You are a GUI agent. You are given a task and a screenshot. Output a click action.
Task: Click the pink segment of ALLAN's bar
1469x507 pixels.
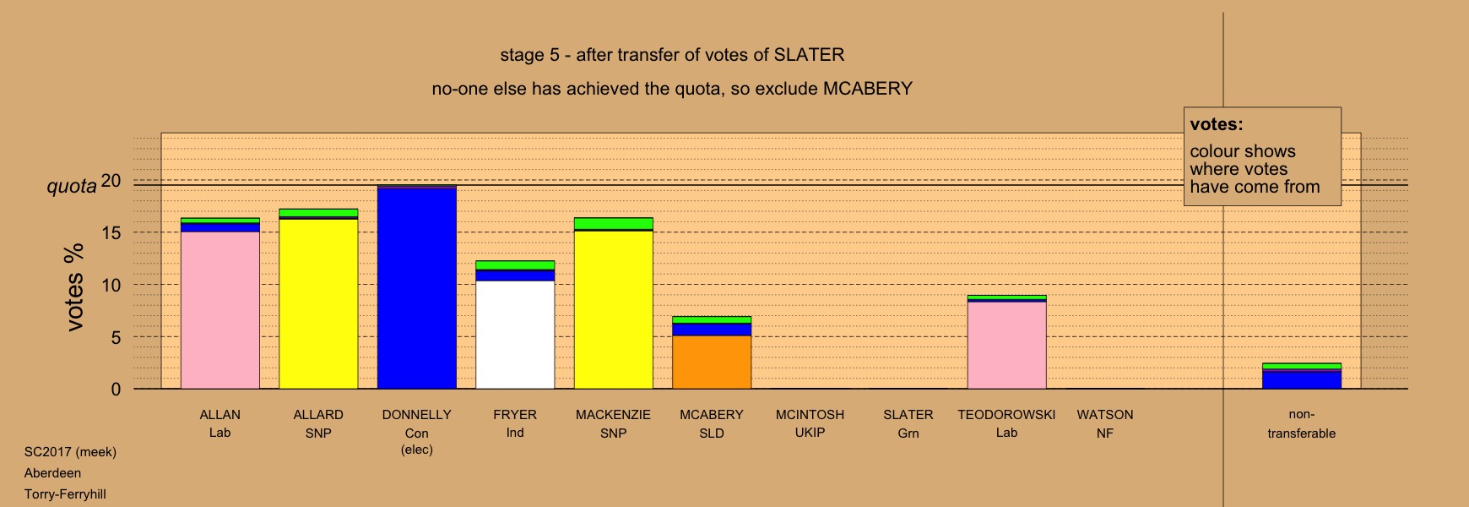[x=220, y=310]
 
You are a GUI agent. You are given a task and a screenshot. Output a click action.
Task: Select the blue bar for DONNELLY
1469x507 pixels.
[x=417, y=287]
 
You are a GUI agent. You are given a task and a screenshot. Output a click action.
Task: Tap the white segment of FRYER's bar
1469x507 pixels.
[x=515, y=335]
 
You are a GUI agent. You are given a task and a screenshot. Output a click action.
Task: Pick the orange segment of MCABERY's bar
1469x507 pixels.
[x=712, y=362]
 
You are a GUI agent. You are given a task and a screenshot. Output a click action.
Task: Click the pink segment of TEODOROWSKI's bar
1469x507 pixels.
[x=1007, y=345]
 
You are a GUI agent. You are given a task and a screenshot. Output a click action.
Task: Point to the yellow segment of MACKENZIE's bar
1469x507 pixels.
[x=614, y=309]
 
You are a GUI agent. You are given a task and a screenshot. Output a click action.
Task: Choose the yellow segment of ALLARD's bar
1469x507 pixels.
[x=318, y=304]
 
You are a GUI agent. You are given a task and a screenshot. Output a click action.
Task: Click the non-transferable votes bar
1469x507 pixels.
[x=1302, y=376]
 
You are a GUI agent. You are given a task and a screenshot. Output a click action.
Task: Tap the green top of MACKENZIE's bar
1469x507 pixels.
[x=614, y=223]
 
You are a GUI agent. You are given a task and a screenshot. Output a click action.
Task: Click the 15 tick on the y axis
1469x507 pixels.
[x=111, y=233]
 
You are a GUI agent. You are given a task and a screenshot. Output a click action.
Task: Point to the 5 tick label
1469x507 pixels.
[x=117, y=337]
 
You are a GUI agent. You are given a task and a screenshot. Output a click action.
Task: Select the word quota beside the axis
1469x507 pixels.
[x=72, y=186]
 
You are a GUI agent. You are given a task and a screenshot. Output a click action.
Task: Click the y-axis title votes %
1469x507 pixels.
[x=74, y=287]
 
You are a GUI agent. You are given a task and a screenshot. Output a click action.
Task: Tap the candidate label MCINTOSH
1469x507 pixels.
[x=810, y=415]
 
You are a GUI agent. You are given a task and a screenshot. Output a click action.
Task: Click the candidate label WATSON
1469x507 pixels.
[x=1105, y=415]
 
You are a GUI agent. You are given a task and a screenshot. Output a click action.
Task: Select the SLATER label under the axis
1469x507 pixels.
[x=908, y=415]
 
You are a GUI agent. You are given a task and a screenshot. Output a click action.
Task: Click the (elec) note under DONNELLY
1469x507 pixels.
[x=417, y=450]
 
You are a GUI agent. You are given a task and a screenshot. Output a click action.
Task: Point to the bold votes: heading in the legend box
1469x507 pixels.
[x=1217, y=124]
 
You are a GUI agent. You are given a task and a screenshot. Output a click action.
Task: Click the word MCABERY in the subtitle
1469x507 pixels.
[x=868, y=89]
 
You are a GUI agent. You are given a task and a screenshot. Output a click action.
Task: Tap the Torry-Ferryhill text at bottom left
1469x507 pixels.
[x=65, y=494]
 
